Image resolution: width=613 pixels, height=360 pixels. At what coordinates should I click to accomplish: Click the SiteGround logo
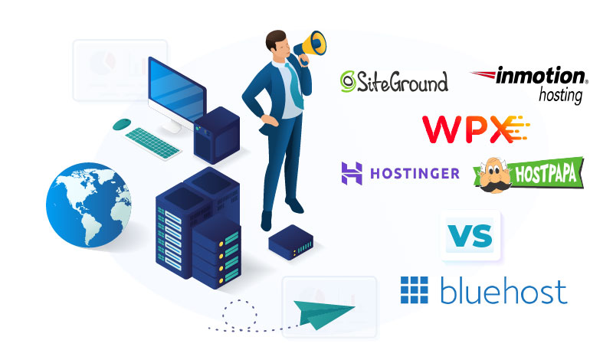(x=394, y=81)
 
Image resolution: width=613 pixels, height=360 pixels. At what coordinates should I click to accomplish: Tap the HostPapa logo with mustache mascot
(x=529, y=173)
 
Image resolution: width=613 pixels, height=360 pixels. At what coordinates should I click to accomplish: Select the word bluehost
(x=503, y=292)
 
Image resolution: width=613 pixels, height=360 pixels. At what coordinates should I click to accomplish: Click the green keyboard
(x=153, y=142)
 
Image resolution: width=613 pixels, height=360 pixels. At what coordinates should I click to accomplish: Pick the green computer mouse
(x=121, y=123)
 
